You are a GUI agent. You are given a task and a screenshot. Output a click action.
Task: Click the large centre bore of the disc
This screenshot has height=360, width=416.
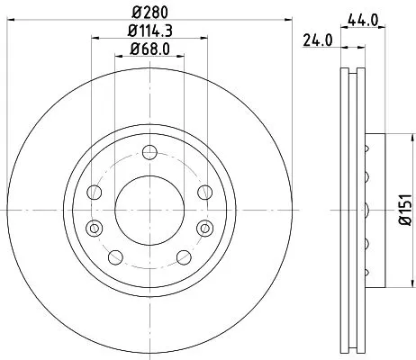149,210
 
